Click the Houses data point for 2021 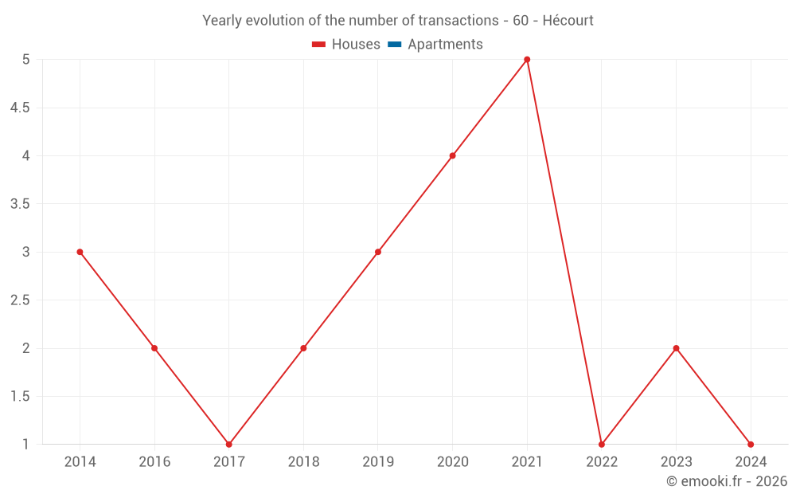[527, 60]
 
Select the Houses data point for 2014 [80, 252]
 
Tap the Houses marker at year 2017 [228, 445]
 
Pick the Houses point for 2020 [452, 155]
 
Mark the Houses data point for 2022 [602, 445]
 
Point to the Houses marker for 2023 [676, 348]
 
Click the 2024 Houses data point [751, 445]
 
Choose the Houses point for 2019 [378, 252]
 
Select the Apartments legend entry [444, 45]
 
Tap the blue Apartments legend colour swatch [394, 45]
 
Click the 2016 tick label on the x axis [154, 461]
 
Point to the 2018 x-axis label [303, 461]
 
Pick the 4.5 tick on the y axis [20, 108]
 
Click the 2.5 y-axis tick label [20, 300]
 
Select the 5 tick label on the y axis [25, 60]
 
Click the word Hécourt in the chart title [568, 21]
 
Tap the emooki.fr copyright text [727, 481]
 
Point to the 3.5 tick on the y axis [20, 204]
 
